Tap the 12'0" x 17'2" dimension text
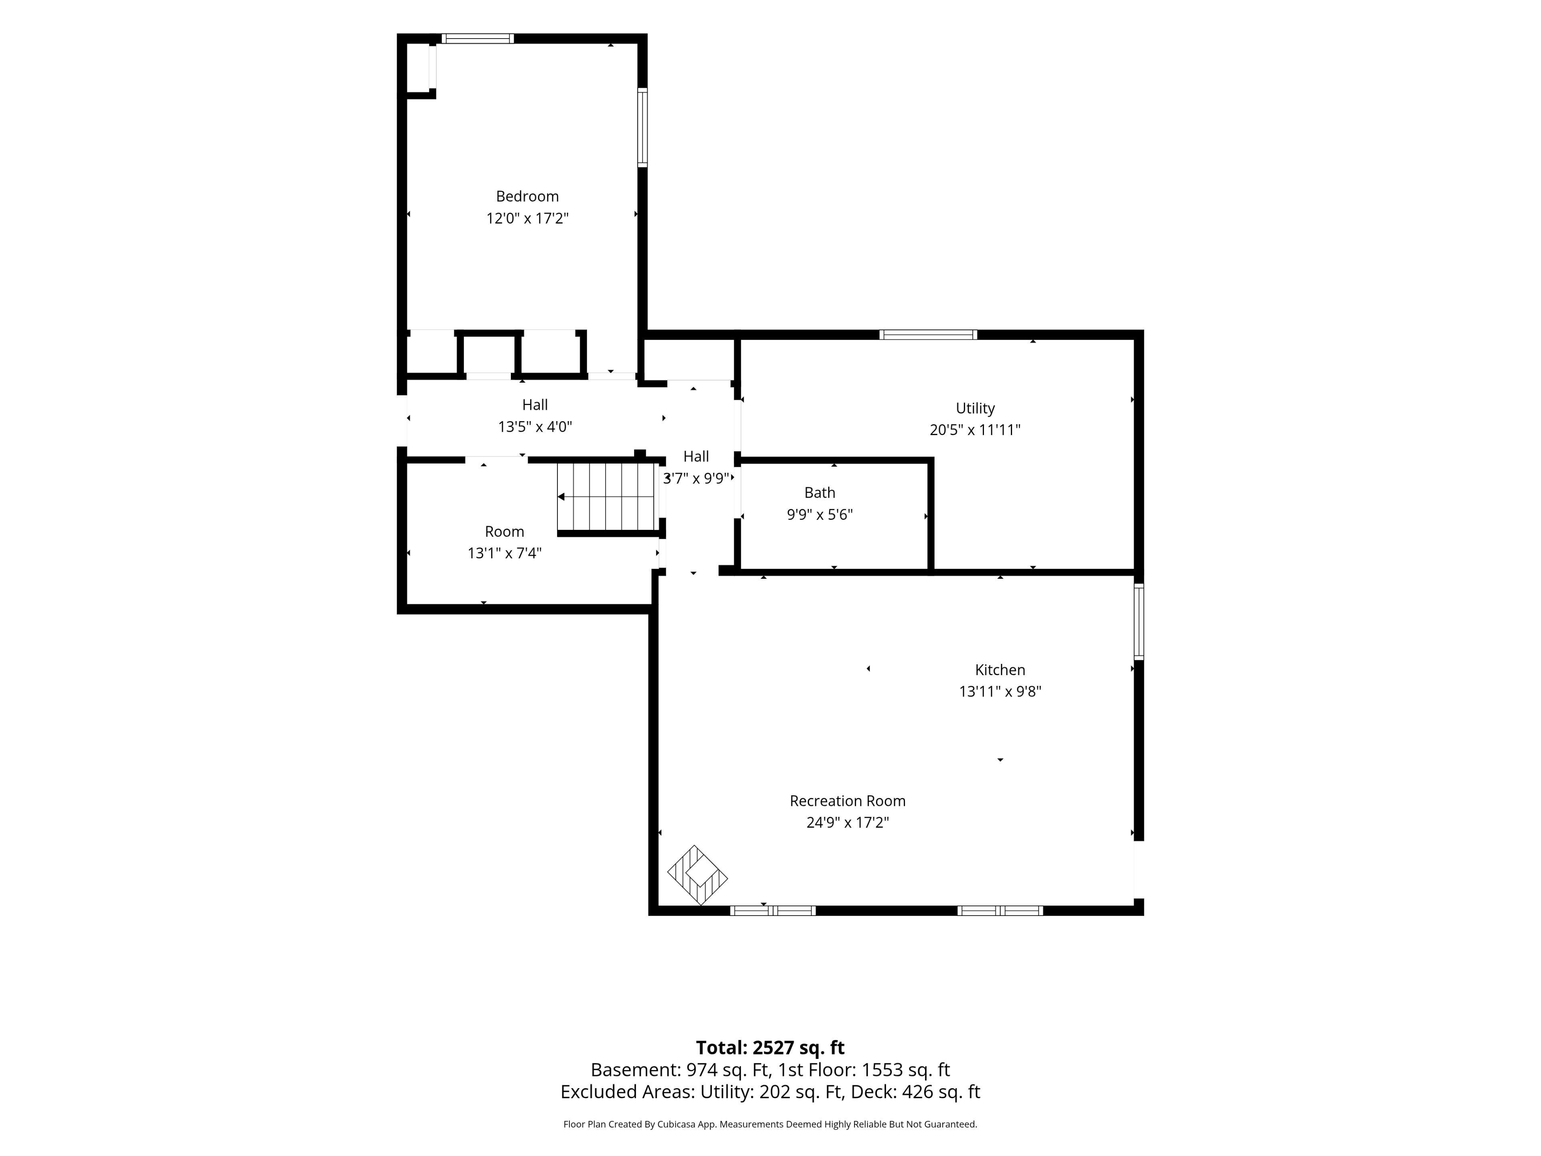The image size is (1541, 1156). (x=527, y=218)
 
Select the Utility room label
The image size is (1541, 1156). (x=975, y=408)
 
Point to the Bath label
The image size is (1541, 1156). (x=819, y=493)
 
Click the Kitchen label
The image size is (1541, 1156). (x=1000, y=670)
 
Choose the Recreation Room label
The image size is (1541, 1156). (x=847, y=801)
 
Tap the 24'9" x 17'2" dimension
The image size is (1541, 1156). (x=847, y=822)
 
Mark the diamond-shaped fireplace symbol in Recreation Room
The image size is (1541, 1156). (x=697, y=875)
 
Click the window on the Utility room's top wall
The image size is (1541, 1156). (x=928, y=334)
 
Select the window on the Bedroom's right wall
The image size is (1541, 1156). (x=642, y=128)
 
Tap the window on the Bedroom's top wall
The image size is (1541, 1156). (x=478, y=38)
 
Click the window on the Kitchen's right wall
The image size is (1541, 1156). (x=1138, y=621)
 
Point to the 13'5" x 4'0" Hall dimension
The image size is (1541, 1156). (x=535, y=426)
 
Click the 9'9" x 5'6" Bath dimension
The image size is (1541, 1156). (x=819, y=514)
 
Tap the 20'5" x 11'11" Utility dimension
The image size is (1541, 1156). (x=975, y=430)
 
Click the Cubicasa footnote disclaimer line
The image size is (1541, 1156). (x=770, y=1124)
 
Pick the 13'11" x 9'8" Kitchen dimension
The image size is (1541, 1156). (x=1000, y=691)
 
